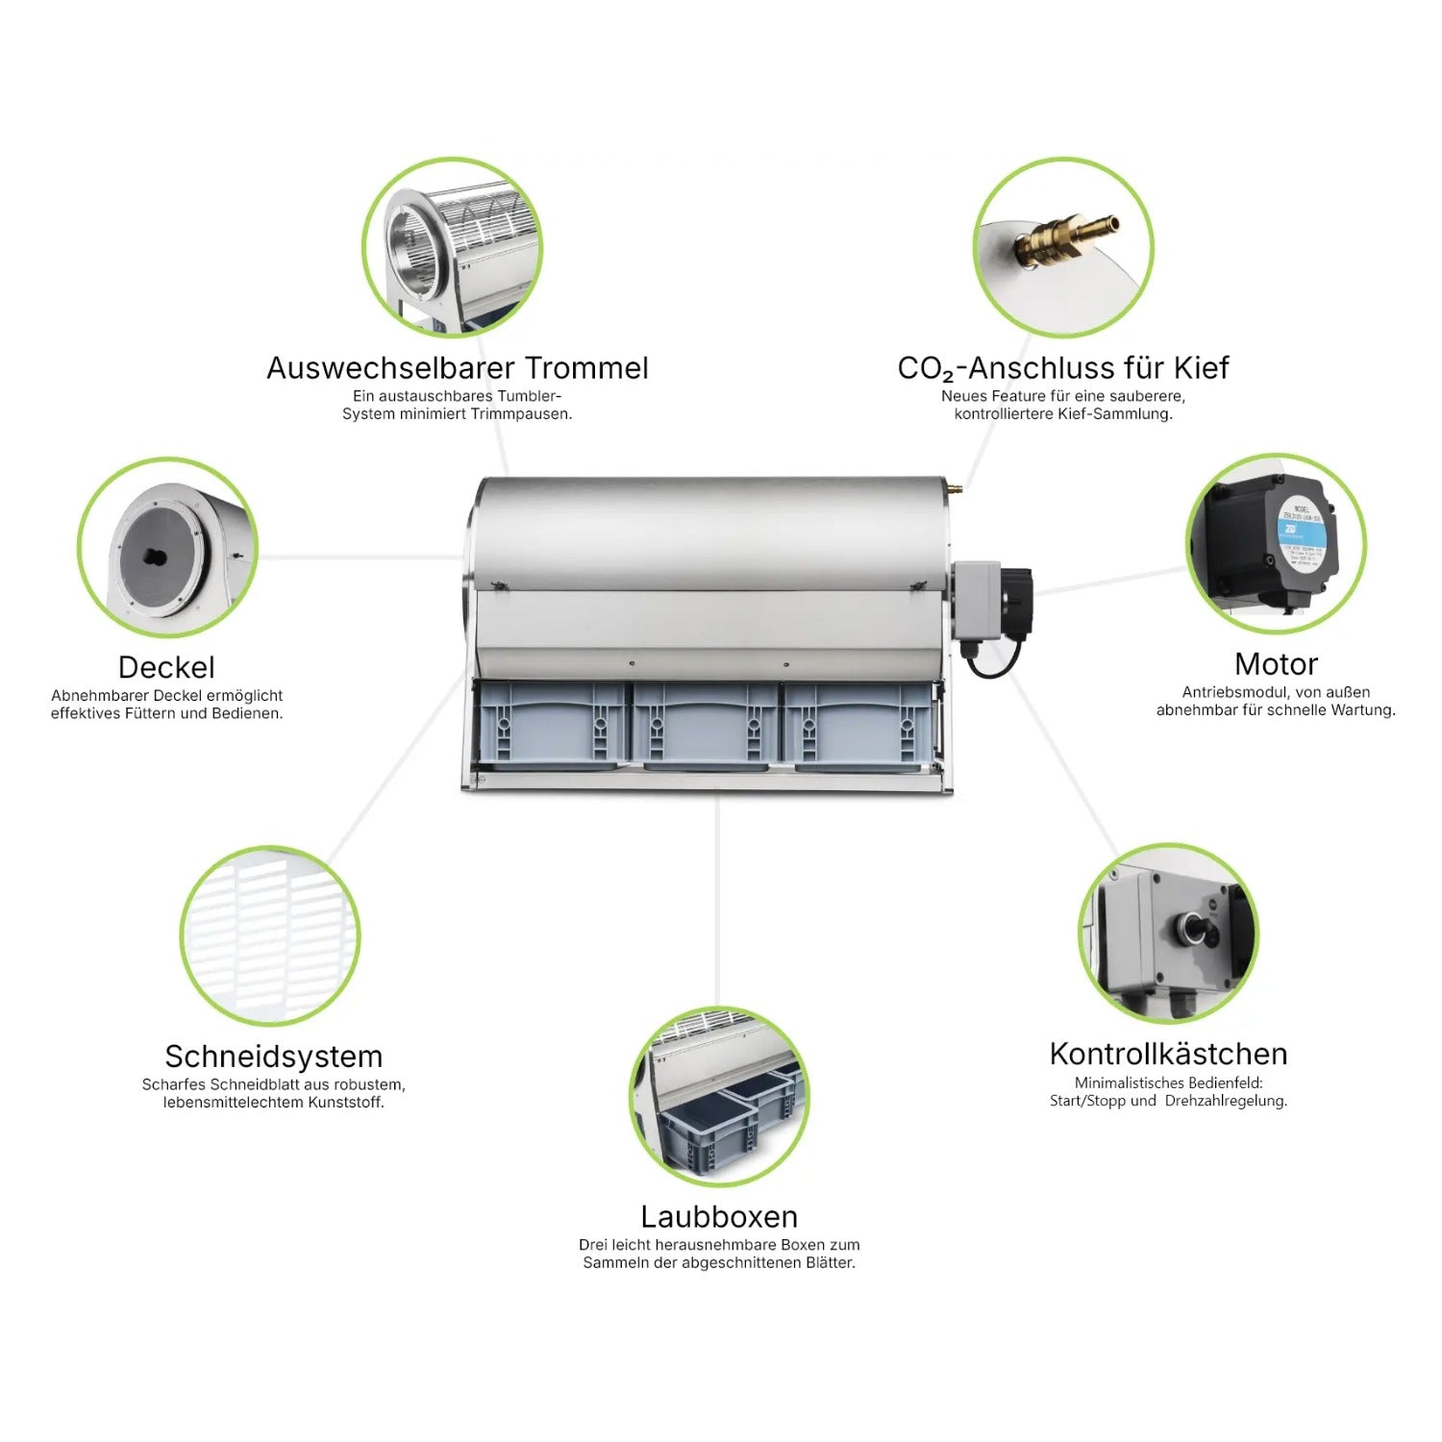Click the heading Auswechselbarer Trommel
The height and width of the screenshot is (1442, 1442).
(x=457, y=368)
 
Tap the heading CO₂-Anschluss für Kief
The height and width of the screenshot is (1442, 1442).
(x=1062, y=368)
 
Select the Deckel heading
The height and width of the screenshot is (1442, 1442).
(x=166, y=667)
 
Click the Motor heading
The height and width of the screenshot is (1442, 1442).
(x=1275, y=664)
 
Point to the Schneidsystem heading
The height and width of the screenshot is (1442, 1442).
(x=273, y=1057)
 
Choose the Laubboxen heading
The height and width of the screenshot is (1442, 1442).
(x=719, y=1217)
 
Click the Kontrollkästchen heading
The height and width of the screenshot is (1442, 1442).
(x=1168, y=1054)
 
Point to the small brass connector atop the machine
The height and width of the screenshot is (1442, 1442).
(x=952, y=488)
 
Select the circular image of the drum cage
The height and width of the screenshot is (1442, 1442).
(x=452, y=247)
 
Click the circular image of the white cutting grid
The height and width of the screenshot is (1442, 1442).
(x=270, y=935)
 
